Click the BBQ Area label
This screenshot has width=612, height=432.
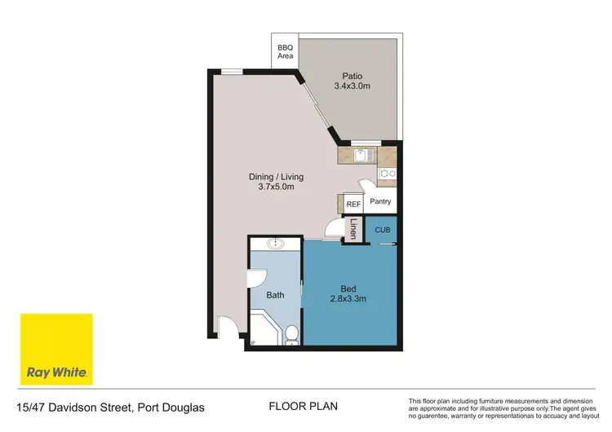click(x=285, y=52)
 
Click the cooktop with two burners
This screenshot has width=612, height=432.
click(x=388, y=173)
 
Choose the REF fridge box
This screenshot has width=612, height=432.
click(x=353, y=205)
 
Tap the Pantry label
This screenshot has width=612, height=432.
click(x=381, y=201)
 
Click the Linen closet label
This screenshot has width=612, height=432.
click(x=353, y=229)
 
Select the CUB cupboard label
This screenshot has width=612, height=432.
click(x=383, y=230)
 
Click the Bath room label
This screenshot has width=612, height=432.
click(x=275, y=295)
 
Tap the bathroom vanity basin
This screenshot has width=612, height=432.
click(x=276, y=243)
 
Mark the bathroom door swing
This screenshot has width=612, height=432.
click(x=255, y=277)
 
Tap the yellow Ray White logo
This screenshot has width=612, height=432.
click(x=56, y=349)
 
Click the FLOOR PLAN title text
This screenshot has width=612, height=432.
click(x=303, y=406)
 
